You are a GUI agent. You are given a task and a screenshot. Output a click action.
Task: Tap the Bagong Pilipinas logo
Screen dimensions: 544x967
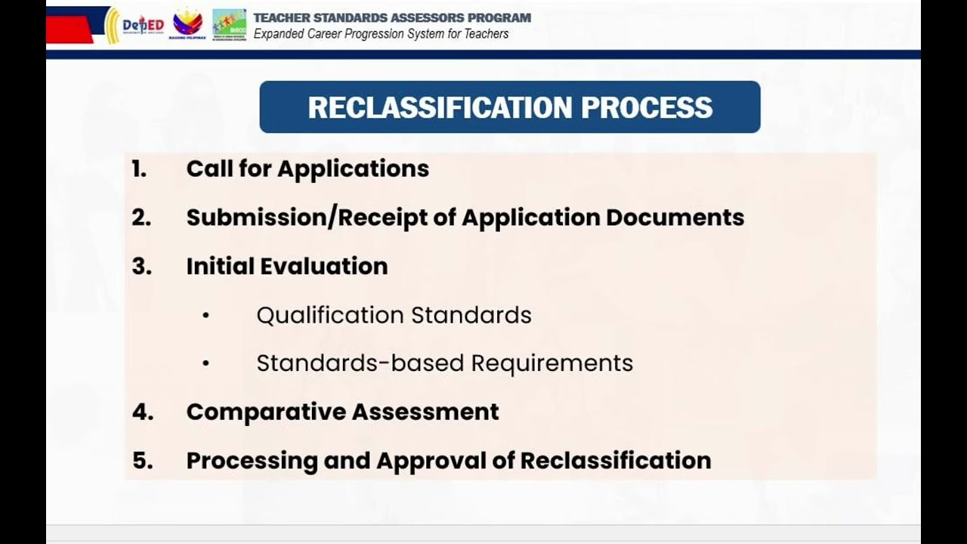[187, 24]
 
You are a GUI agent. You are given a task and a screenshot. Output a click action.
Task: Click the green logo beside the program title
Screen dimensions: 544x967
[229, 24]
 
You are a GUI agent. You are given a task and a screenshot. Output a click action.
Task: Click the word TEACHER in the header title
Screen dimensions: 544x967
[282, 17]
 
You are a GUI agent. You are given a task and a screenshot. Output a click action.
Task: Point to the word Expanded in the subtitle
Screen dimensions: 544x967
[279, 34]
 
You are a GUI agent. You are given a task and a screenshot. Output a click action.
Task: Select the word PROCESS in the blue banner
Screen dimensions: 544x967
[647, 107]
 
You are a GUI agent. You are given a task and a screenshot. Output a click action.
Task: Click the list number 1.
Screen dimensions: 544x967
[138, 168]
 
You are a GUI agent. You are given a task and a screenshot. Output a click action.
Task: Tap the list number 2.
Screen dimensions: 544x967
[141, 218]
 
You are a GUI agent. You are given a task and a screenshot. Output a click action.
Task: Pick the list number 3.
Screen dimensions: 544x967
[141, 266]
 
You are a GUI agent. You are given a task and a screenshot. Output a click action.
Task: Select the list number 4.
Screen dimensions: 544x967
[141, 412]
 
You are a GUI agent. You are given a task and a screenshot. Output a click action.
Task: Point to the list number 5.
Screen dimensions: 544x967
[141, 461]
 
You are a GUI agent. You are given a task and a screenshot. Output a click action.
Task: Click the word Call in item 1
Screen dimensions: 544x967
[209, 168]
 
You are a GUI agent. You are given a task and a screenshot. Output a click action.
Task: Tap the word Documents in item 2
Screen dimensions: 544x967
[675, 218]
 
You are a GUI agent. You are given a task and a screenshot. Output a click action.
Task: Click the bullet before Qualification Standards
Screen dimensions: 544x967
[205, 316]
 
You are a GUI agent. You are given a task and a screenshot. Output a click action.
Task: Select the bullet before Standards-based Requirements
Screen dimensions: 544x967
[205, 364]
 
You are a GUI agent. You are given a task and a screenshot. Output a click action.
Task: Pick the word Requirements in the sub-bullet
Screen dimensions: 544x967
[551, 363]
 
